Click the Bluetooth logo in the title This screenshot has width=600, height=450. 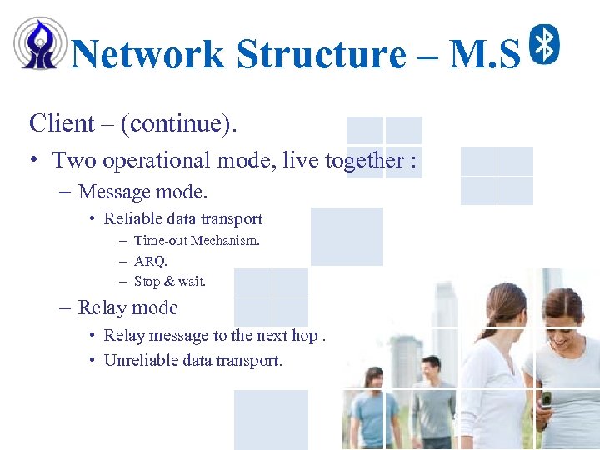tap(545, 43)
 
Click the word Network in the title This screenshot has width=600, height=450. tap(147, 55)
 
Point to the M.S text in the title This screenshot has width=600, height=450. tap(484, 55)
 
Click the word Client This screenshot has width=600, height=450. tap(62, 123)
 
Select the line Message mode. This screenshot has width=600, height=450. tap(142, 192)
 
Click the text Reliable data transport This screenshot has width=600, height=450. tap(182, 219)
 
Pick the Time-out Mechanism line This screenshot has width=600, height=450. tap(197, 241)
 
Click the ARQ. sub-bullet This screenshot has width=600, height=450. tap(151, 261)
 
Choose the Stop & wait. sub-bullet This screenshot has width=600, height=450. tap(169, 282)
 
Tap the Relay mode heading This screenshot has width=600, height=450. tap(127, 307)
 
